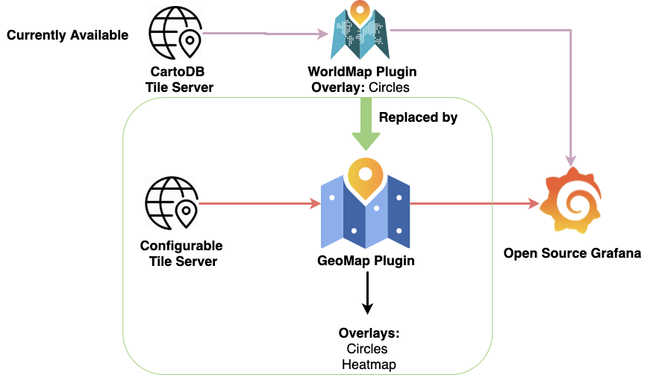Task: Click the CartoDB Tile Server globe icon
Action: (x=175, y=34)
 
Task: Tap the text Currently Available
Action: (x=68, y=35)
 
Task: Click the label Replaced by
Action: (x=418, y=117)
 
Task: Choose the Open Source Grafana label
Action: (x=572, y=253)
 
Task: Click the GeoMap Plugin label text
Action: (x=366, y=261)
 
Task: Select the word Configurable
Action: (x=181, y=246)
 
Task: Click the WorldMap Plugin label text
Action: (x=362, y=72)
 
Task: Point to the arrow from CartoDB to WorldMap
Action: (x=265, y=34)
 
